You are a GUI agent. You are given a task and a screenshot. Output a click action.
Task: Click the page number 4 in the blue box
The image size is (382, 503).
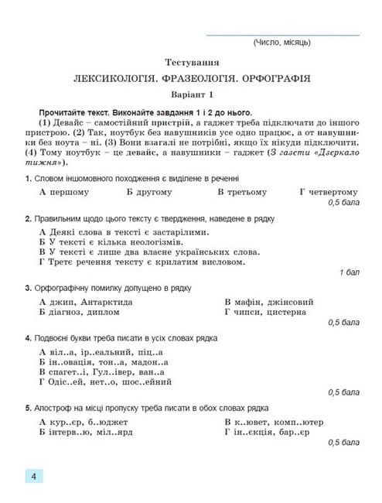click(34, 477)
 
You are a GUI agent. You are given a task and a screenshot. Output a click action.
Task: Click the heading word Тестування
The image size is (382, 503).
click(192, 61)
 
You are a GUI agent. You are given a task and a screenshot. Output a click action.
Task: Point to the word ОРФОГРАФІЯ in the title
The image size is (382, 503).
click(274, 78)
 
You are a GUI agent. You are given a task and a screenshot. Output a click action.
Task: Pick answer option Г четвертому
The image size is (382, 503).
click(329, 192)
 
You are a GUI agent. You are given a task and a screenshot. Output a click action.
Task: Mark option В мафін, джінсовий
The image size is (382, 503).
click(268, 302)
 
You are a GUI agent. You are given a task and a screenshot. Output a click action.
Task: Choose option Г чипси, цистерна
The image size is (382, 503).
click(268, 313)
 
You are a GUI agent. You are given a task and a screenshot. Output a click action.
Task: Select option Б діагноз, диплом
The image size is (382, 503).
click(79, 313)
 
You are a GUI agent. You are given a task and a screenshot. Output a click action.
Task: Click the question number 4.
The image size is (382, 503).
click(27, 338)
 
